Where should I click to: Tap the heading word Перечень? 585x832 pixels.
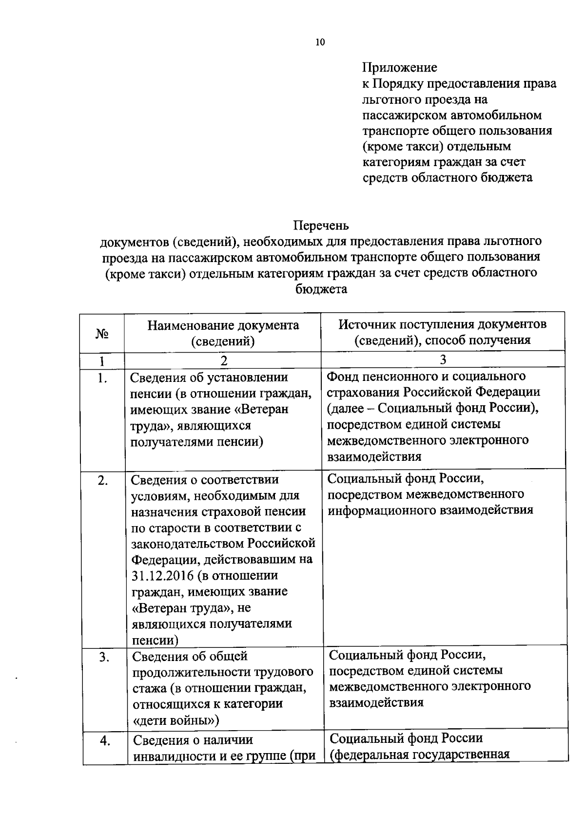[321, 226]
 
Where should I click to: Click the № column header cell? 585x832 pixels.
[102, 334]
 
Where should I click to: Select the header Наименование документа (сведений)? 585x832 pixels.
[223, 333]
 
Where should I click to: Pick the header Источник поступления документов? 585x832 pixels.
[443, 324]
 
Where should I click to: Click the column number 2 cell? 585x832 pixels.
[223, 360]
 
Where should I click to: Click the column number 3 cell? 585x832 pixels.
[443, 360]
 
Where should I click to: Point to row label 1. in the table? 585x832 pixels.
[102, 378]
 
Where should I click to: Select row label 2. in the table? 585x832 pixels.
[102, 480]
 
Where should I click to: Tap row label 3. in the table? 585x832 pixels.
[103, 657]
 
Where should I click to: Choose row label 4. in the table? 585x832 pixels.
[104, 741]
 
